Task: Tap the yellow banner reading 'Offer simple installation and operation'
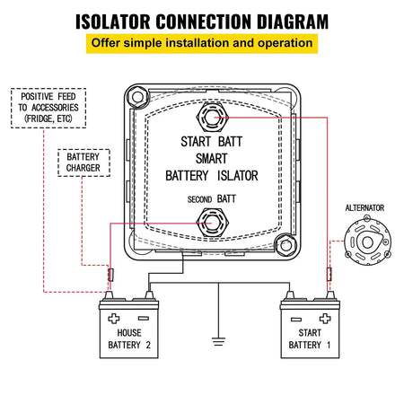coord(201,44)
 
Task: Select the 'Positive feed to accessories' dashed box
coord(47,108)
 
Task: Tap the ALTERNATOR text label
coord(364,208)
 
